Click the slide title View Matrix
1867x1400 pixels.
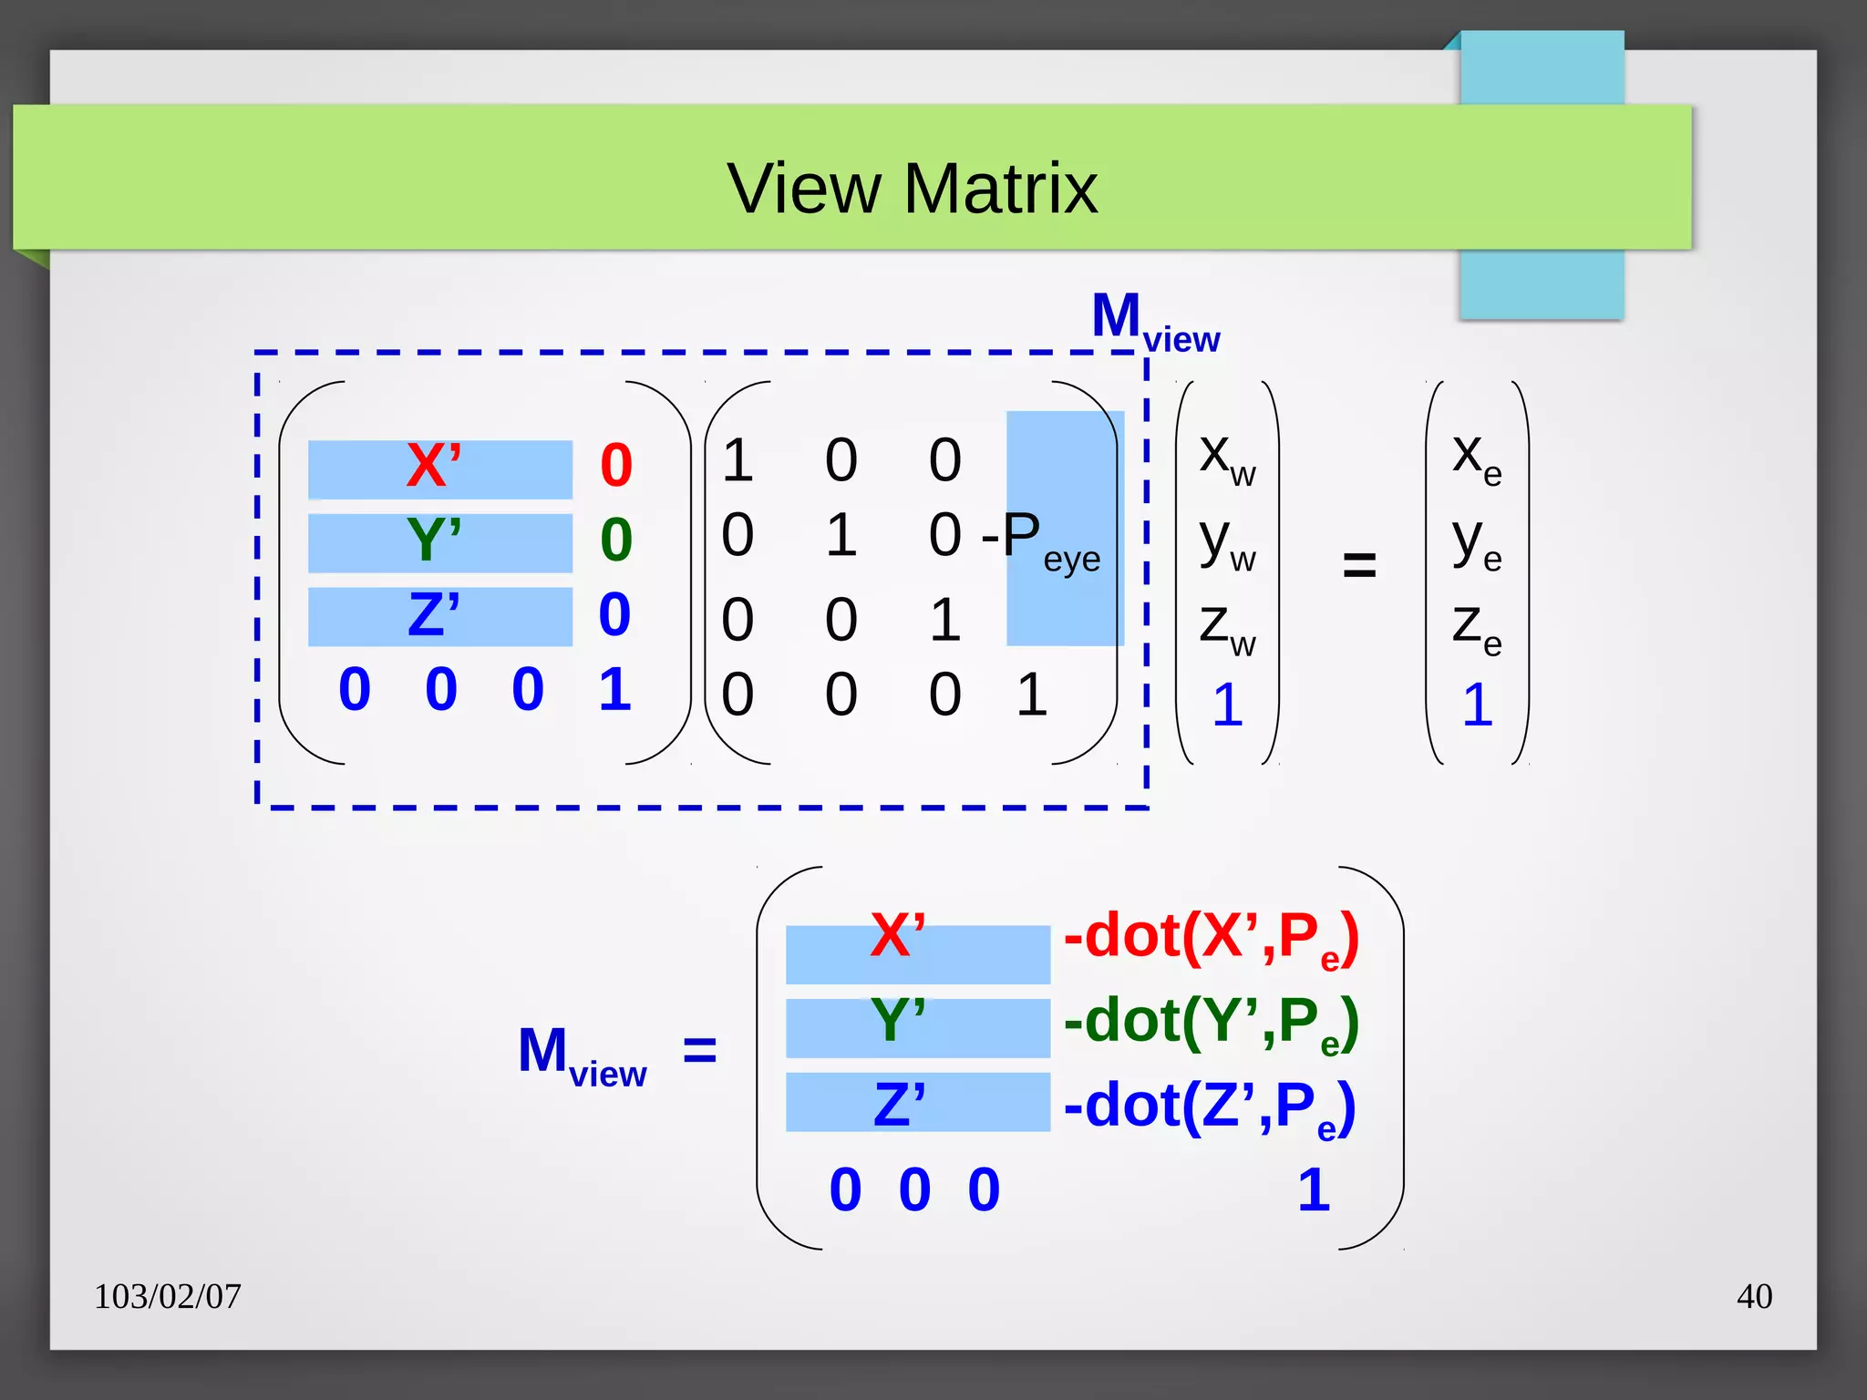tap(912, 189)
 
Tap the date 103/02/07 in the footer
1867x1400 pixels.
tap(168, 1296)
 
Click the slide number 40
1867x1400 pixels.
tap(1754, 1296)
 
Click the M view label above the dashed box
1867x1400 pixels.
tap(1155, 322)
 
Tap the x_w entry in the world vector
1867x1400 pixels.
tap(1227, 458)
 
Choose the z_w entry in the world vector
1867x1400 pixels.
tap(1227, 627)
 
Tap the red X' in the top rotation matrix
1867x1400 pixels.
tap(434, 467)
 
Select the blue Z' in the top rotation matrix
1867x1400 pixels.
tap(434, 615)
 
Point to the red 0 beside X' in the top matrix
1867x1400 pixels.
tap(616, 466)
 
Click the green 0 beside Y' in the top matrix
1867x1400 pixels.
tap(616, 540)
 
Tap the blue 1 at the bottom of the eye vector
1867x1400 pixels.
tap(1478, 705)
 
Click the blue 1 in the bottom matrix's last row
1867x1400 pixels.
tap(1314, 1190)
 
